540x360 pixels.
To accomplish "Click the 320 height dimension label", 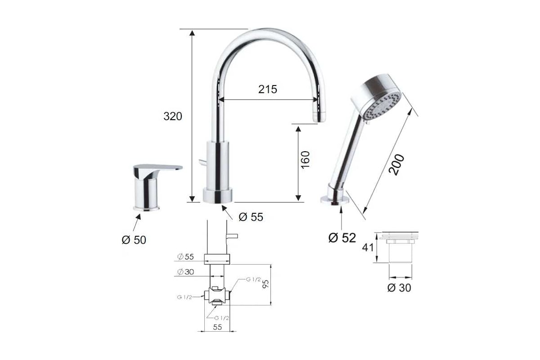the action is tap(173, 116).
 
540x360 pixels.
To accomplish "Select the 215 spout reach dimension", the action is tap(268, 89).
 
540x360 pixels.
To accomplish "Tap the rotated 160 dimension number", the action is tap(305, 160).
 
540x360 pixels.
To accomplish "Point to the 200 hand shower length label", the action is tap(396, 165).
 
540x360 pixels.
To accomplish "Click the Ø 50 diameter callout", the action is tap(134, 240).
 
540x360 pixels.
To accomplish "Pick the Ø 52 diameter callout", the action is tap(342, 238).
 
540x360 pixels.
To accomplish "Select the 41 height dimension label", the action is tap(368, 247).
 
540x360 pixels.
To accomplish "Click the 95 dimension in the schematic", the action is tap(265, 284).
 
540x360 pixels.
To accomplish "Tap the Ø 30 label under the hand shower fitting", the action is tap(399, 288).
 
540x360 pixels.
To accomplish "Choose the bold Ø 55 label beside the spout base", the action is tap(251, 217).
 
